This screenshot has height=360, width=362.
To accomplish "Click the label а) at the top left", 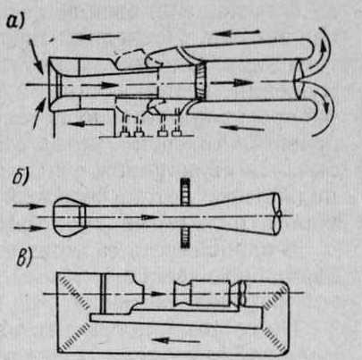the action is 15,21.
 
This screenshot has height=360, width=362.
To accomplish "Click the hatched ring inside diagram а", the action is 200,81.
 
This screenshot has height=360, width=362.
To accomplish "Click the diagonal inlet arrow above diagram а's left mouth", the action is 37,58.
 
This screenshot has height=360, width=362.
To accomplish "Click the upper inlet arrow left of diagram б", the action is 29,205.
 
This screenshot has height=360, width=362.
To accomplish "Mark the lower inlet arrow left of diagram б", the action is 29,228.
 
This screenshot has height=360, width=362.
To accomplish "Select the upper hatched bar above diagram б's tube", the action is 185,191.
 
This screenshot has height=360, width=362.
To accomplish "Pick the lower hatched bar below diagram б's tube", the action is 185,238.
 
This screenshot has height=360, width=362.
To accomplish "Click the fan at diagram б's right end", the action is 278,214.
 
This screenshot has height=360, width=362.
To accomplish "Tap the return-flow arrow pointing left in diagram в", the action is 175,341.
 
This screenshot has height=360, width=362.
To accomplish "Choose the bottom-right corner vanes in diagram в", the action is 274,337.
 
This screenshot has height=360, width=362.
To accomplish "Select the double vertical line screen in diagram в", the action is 103,293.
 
